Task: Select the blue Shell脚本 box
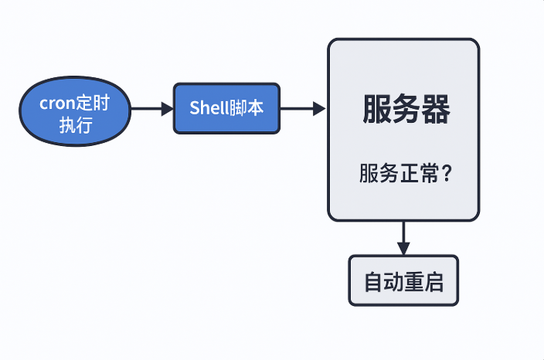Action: coord(226,108)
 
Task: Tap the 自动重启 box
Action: coord(403,281)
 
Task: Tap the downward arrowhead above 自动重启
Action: coord(403,249)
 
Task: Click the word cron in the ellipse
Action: coord(57,104)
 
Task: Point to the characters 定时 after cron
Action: coord(93,104)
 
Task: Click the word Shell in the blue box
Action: coord(206,108)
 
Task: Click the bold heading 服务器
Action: coord(406,110)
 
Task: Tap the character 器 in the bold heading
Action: coord(436,110)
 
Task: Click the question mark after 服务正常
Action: coord(447,174)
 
